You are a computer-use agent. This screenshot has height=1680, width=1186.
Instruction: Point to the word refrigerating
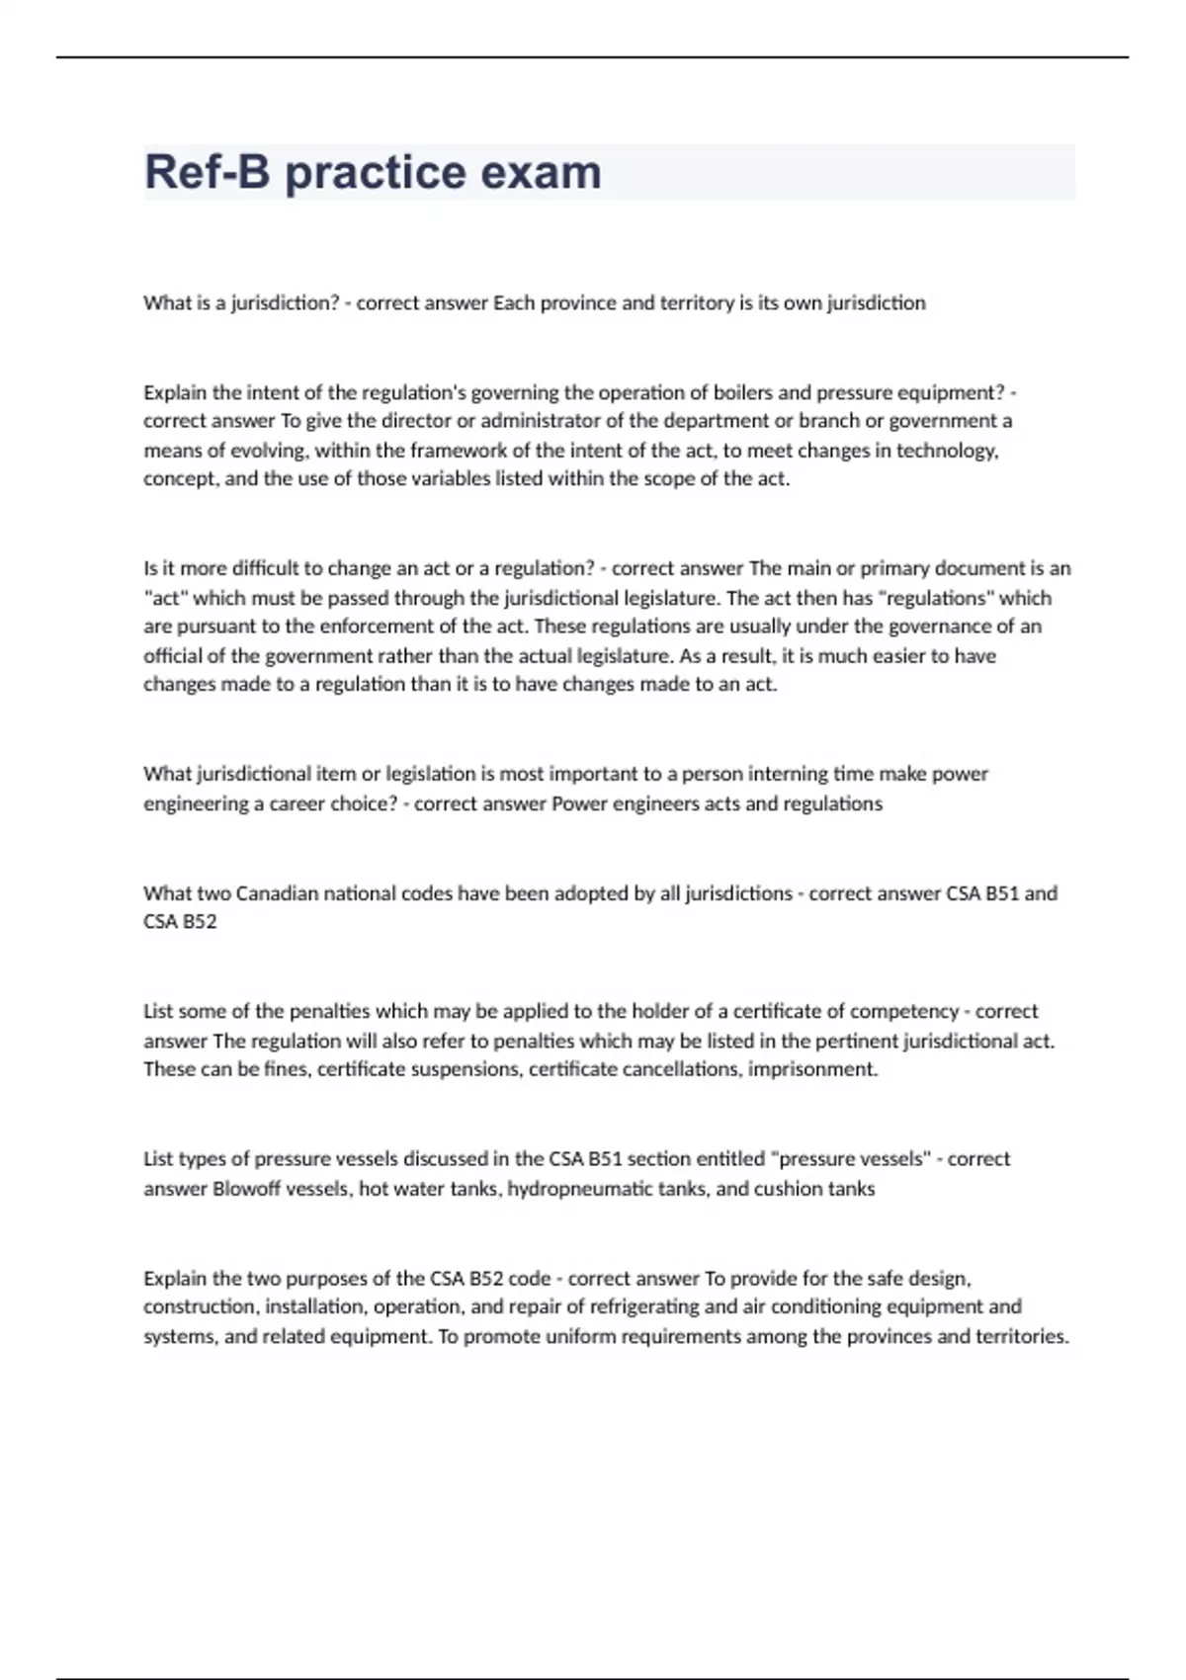click(x=658, y=1306)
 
